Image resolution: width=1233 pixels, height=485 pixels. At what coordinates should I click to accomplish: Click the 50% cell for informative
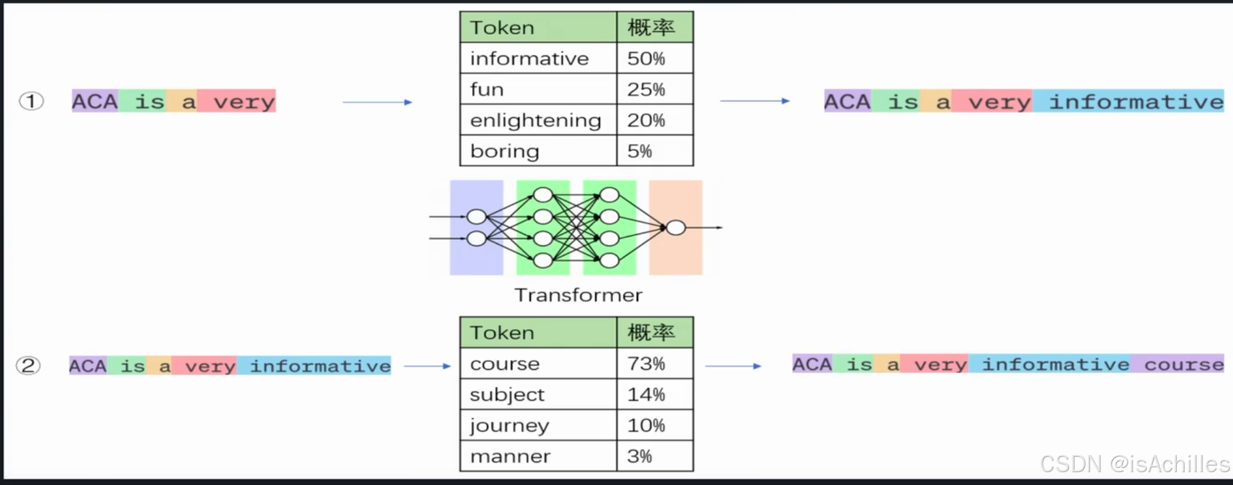pyautogui.click(x=654, y=59)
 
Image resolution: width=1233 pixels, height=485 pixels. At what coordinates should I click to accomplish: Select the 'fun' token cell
pyautogui.click(x=538, y=89)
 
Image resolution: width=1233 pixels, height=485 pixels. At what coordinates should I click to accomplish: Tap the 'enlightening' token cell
pyautogui.click(x=538, y=120)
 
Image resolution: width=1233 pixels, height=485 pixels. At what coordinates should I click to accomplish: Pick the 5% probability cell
pyautogui.click(x=654, y=151)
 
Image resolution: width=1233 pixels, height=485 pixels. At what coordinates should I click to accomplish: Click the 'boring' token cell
pyautogui.click(x=538, y=151)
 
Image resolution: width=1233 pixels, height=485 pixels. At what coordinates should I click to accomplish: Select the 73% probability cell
pyautogui.click(x=654, y=364)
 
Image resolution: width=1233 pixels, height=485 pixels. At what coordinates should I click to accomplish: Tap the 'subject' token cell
pyautogui.click(x=538, y=394)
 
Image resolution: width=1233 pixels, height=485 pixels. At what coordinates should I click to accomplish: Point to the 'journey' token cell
pyautogui.click(x=538, y=425)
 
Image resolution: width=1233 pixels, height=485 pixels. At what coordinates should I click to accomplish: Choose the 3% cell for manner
pyautogui.click(x=654, y=456)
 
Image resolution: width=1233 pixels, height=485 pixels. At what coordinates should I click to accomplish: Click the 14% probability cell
pyautogui.click(x=654, y=394)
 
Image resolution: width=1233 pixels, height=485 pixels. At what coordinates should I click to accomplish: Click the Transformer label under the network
pyautogui.click(x=578, y=295)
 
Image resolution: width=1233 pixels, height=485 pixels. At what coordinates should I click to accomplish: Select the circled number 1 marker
pyautogui.click(x=31, y=101)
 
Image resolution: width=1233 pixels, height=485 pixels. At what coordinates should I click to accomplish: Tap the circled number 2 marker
pyautogui.click(x=28, y=366)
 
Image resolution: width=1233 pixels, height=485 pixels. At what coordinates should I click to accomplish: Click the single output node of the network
pyautogui.click(x=675, y=228)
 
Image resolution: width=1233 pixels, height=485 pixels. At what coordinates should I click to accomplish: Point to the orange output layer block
pyautogui.click(x=675, y=257)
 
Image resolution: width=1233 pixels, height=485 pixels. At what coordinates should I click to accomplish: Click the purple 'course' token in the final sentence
pyautogui.click(x=1183, y=365)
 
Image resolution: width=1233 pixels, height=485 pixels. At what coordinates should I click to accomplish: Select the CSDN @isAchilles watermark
pyautogui.click(x=1135, y=464)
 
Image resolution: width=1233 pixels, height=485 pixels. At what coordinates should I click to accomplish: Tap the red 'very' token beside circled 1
pyautogui.click(x=244, y=102)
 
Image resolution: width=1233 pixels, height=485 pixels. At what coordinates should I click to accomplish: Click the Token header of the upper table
pyautogui.click(x=538, y=28)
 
